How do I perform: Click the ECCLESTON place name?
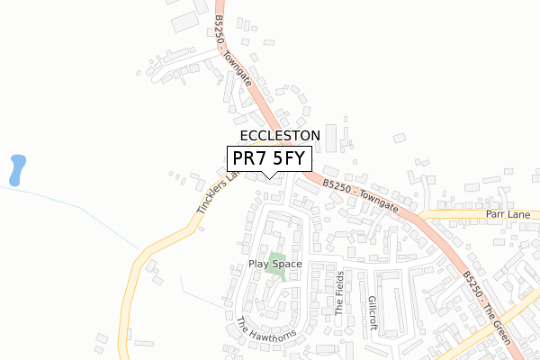(x=280, y=135)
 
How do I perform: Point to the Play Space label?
(x=275, y=265)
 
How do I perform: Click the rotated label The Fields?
(x=339, y=292)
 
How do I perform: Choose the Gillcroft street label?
(x=371, y=310)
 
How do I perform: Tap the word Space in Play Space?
(x=287, y=265)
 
